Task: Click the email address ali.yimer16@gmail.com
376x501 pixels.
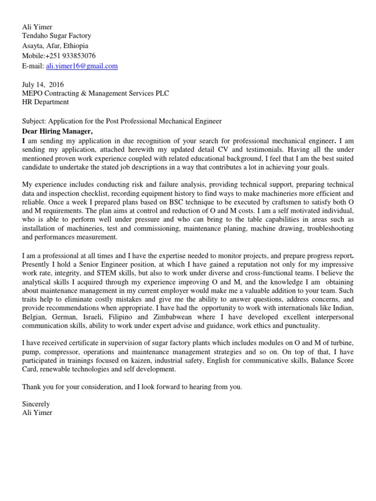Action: tap(82, 66)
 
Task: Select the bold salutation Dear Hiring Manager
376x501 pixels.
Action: tap(57, 131)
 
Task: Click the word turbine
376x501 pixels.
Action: tap(343, 343)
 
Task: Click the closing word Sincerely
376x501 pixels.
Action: tap(36, 404)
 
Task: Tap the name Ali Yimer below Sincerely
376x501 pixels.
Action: tap(37, 413)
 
